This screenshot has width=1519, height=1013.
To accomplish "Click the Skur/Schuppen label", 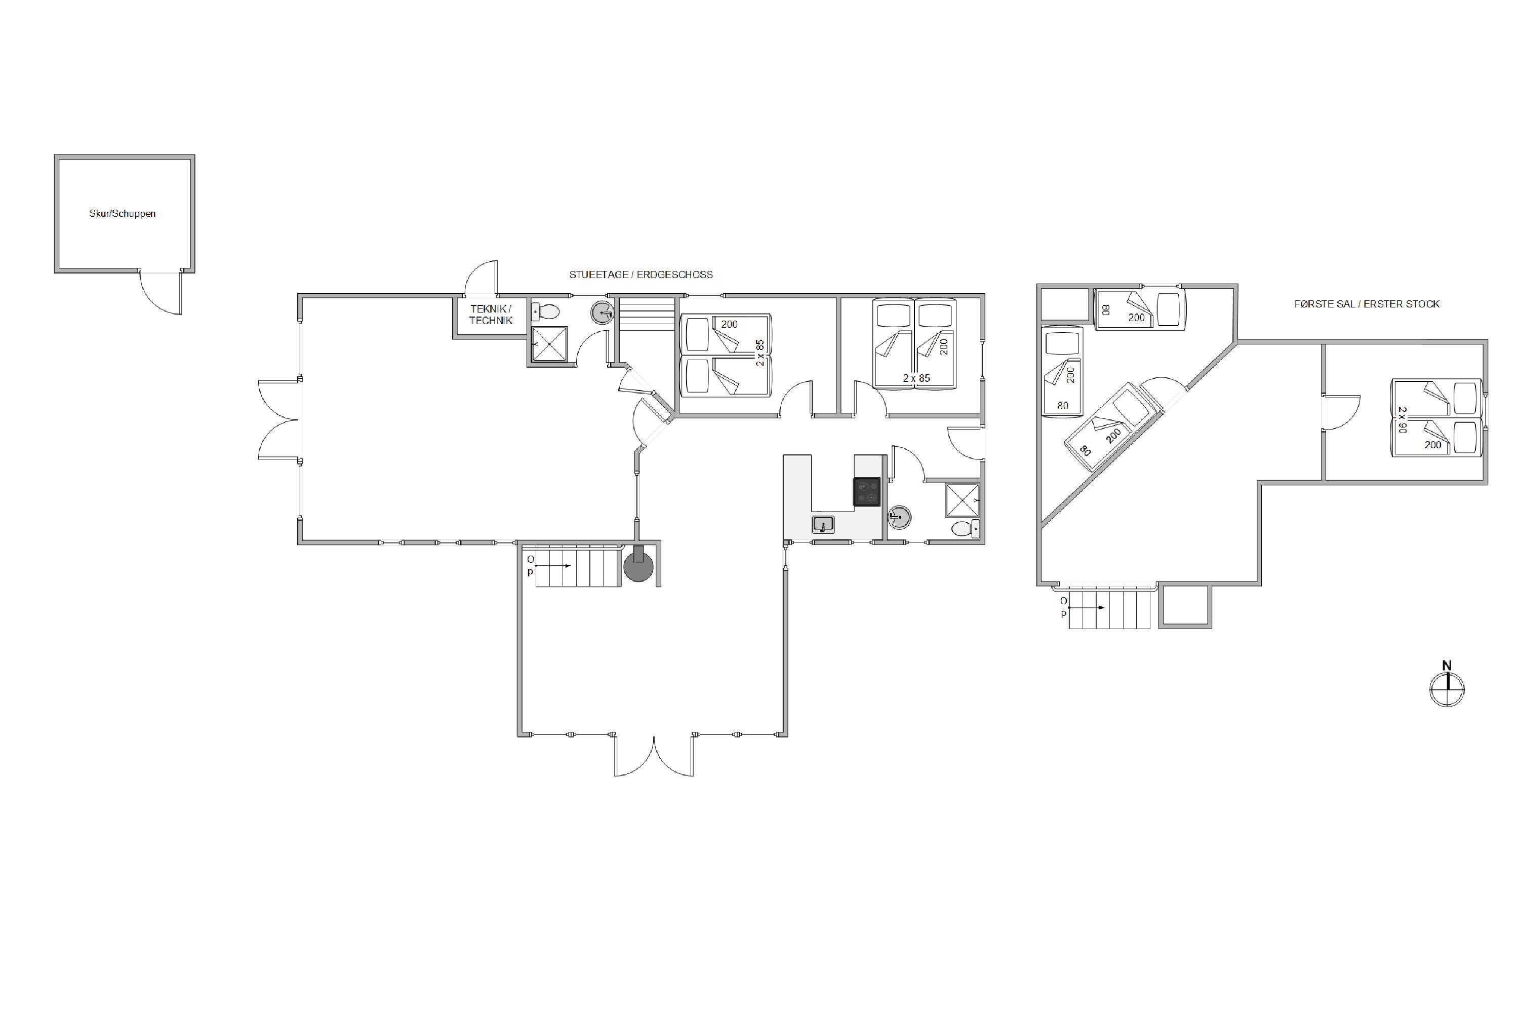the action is [122, 214].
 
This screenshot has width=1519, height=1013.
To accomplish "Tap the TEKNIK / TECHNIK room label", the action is [491, 315].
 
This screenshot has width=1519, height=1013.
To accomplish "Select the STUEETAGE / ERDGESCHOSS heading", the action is [641, 275].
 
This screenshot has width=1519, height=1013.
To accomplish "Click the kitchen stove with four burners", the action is [867, 491].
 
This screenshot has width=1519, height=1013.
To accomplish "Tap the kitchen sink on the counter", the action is [823, 524].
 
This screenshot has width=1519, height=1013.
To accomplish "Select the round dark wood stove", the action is [638, 567].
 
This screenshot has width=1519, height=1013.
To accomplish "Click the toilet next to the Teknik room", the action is [545, 312].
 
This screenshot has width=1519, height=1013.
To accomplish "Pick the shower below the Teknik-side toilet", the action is [549, 344].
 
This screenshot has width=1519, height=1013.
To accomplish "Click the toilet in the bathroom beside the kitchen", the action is [966, 528].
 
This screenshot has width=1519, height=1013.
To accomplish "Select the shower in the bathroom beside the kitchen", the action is [963, 500].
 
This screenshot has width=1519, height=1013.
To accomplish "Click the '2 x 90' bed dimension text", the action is [1402, 419].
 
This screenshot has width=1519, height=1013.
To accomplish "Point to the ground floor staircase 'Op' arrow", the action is [553, 566].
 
